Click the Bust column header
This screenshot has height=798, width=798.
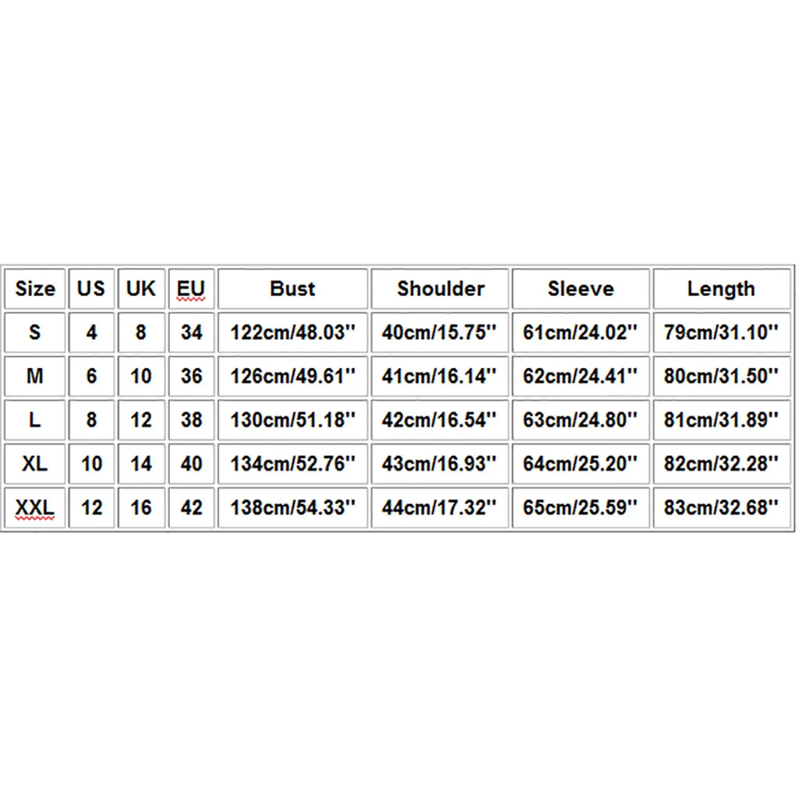(292, 289)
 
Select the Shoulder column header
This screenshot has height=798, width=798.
(440, 289)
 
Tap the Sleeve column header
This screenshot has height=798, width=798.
(581, 289)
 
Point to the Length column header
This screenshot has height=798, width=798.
(721, 289)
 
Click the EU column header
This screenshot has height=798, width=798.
(191, 289)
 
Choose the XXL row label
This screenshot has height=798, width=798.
(34, 508)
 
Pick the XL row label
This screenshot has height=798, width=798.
(34, 464)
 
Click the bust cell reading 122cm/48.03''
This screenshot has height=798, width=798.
(292, 333)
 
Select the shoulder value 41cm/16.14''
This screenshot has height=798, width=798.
(440, 376)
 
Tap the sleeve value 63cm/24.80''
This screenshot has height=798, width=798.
(581, 420)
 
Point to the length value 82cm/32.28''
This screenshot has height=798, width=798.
(721, 464)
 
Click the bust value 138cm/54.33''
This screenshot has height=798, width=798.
(292, 508)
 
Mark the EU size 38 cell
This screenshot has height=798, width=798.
(191, 420)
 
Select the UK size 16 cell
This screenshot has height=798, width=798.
(141, 508)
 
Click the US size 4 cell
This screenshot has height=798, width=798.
(91, 333)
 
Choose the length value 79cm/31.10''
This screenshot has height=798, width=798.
(721, 333)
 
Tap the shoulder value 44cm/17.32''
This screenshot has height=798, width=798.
(440, 508)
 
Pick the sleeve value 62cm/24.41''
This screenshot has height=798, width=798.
(581, 376)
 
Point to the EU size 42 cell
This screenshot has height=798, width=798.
(191, 508)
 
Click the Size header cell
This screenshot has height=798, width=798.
(35, 289)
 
